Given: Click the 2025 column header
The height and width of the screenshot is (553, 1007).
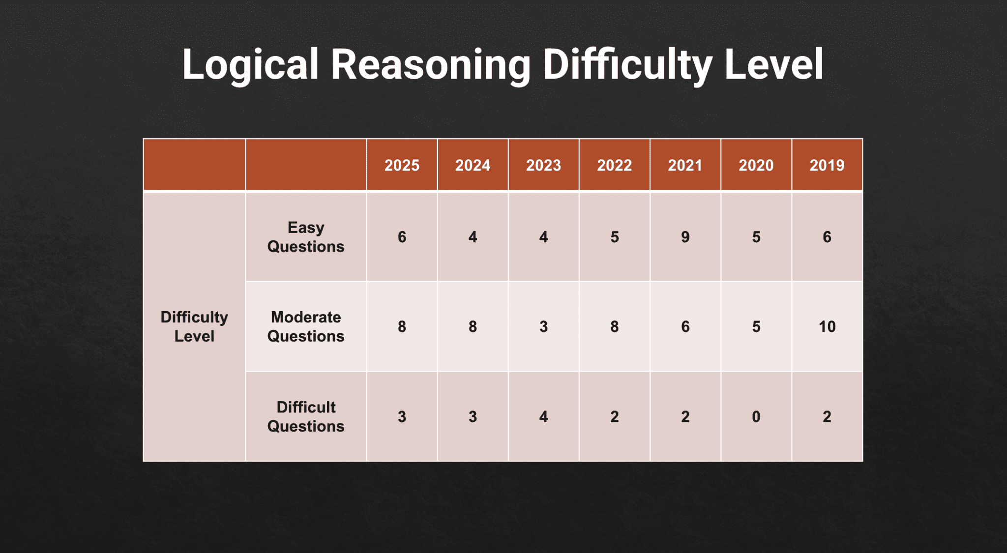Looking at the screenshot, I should tap(402, 165).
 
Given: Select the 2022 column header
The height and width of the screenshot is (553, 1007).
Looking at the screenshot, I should tap(614, 165).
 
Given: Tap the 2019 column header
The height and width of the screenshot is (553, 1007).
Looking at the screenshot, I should tap(827, 165).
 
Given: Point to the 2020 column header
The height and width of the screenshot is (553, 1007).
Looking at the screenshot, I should tap(756, 165).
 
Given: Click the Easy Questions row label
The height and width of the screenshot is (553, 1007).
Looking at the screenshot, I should tap(306, 237).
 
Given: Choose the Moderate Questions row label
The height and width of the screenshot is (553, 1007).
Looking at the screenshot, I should tap(306, 326).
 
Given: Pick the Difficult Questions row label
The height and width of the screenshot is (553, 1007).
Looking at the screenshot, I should tap(306, 416).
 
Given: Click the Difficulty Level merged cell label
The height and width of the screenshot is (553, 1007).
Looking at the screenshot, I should tap(194, 326).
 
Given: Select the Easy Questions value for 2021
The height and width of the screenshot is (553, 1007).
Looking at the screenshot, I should tap(685, 237).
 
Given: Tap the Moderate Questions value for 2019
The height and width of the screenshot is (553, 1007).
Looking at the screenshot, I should tap(827, 326).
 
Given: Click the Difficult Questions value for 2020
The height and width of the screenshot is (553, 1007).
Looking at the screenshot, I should tap(756, 416).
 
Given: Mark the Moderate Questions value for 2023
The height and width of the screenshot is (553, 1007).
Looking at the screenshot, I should tap(543, 326).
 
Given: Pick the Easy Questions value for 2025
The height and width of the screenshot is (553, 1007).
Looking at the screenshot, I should tap(402, 237).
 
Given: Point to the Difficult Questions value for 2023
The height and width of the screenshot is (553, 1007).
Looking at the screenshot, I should tap(543, 416).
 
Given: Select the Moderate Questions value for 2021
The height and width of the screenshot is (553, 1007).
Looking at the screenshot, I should tap(685, 326).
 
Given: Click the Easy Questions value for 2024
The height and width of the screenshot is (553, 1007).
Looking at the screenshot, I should tap(473, 237).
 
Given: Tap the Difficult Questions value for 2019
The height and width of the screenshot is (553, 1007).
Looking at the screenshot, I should tap(827, 416).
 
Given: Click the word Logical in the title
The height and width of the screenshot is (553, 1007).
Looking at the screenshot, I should tap(250, 65).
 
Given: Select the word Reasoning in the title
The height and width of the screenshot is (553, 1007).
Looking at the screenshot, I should tap(431, 65).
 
